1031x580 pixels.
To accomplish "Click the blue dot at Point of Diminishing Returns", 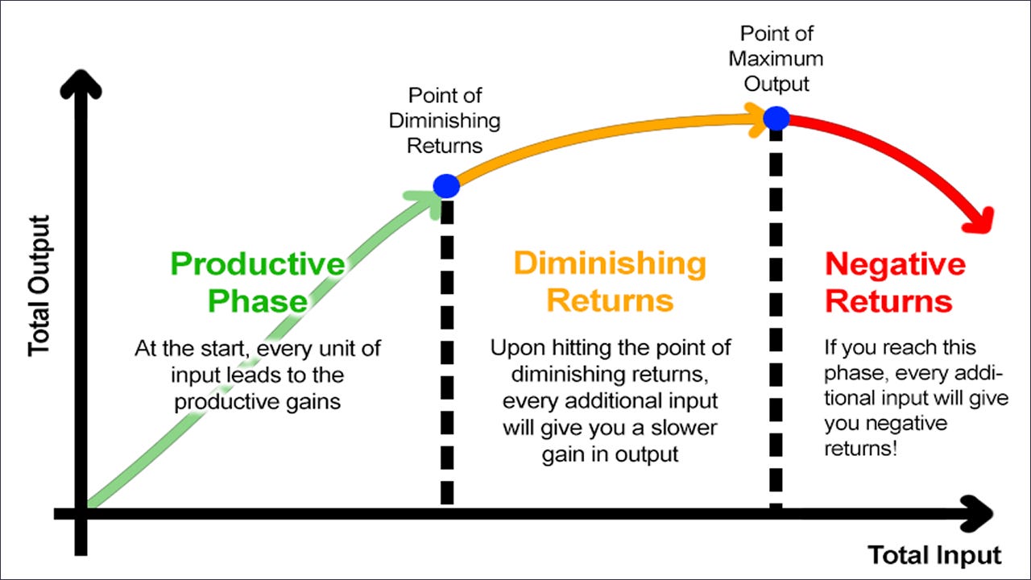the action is coord(446,186).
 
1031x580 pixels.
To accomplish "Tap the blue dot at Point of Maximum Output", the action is coord(776,118).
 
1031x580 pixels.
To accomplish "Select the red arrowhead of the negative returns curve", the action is coord(980,221).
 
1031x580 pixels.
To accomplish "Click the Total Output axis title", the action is coord(39,286).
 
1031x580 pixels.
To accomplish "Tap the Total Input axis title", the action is coord(934,555).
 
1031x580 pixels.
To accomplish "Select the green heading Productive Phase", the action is coord(258,282).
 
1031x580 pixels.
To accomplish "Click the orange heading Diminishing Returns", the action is coord(610,281).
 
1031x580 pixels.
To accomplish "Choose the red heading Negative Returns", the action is coord(895,282).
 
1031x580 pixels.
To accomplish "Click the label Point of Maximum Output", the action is coord(776,59).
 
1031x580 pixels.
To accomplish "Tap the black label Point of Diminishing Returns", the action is coord(445,121).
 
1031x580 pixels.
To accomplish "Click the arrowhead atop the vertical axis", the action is coord(81,83).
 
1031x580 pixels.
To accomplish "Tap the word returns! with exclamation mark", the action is coord(861,449).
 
